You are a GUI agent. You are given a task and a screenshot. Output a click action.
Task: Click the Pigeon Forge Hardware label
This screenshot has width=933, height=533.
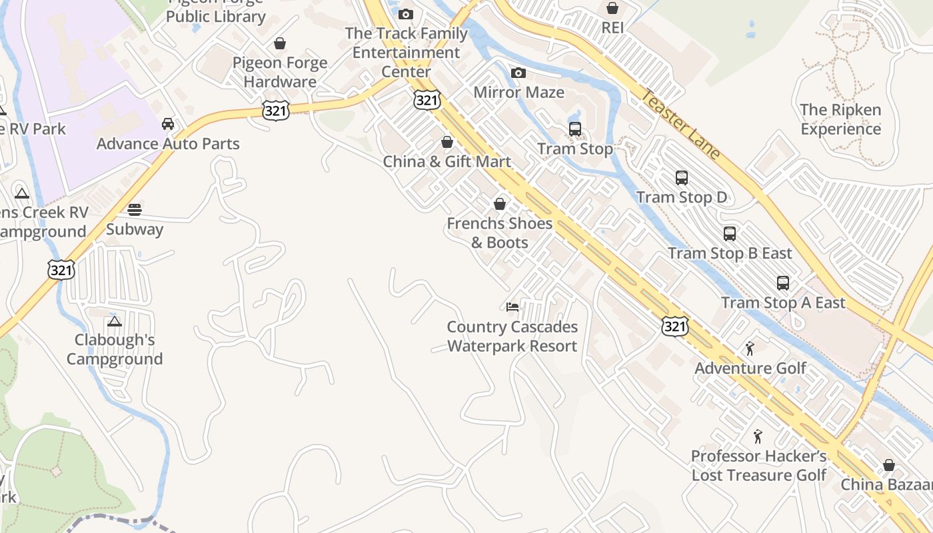(280, 72)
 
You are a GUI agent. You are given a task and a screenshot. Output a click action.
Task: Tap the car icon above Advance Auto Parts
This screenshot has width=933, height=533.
(168, 124)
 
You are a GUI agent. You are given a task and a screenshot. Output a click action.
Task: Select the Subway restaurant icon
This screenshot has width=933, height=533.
(135, 210)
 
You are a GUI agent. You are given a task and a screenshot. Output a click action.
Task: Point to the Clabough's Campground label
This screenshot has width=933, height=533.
(115, 349)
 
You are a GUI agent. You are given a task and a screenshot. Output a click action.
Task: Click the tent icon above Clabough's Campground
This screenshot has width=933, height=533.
(115, 321)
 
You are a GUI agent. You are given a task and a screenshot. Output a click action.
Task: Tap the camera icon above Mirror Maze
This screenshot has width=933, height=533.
(518, 73)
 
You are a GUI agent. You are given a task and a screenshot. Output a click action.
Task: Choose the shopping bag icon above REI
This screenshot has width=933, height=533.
(612, 8)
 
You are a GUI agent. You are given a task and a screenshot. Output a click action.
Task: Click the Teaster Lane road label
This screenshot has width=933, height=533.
(680, 125)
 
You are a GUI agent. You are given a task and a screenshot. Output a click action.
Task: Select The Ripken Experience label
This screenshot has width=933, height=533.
(840, 119)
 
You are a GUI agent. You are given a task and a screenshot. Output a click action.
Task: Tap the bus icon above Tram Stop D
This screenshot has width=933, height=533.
(681, 178)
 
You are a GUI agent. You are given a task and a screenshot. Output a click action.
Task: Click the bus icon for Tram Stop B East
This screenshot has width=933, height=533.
(730, 234)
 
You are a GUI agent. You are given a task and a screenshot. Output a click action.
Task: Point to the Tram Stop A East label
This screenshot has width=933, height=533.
(783, 303)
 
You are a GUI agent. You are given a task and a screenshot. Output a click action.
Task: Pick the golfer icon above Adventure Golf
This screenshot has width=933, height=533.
(750, 348)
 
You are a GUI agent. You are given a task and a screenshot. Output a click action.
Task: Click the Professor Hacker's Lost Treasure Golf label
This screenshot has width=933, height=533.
(758, 465)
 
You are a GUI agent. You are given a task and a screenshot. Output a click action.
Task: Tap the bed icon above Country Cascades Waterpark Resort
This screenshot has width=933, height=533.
(512, 307)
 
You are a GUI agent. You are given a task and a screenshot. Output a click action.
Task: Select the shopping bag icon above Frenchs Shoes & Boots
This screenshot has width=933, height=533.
(500, 204)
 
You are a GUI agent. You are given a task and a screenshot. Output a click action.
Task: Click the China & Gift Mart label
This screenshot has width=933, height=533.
(447, 161)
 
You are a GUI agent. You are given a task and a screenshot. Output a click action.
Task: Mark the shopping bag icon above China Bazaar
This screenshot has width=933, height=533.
(888, 465)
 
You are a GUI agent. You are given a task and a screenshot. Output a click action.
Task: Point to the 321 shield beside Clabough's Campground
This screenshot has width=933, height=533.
(61, 269)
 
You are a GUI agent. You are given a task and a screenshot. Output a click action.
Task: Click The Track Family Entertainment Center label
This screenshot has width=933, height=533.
(406, 52)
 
